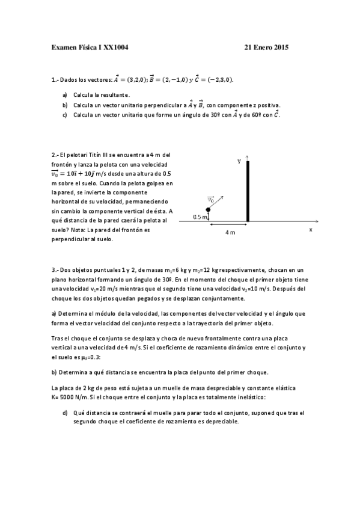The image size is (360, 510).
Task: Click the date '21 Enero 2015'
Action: click(x=267, y=47)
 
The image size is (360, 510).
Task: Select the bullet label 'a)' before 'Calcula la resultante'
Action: click(x=65, y=95)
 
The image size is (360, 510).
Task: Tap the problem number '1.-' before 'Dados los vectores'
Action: click(x=56, y=79)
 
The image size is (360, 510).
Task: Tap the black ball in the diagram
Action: click(x=208, y=209)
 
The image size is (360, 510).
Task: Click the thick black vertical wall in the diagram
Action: click(x=248, y=191)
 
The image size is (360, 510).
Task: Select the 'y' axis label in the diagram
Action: click(x=239, y=161)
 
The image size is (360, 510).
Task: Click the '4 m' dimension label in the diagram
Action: click(x=230, y=232)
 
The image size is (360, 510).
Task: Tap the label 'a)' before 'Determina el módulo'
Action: click(x=55, y=313)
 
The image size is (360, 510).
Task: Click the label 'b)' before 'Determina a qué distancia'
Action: click(x=55, y=372)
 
